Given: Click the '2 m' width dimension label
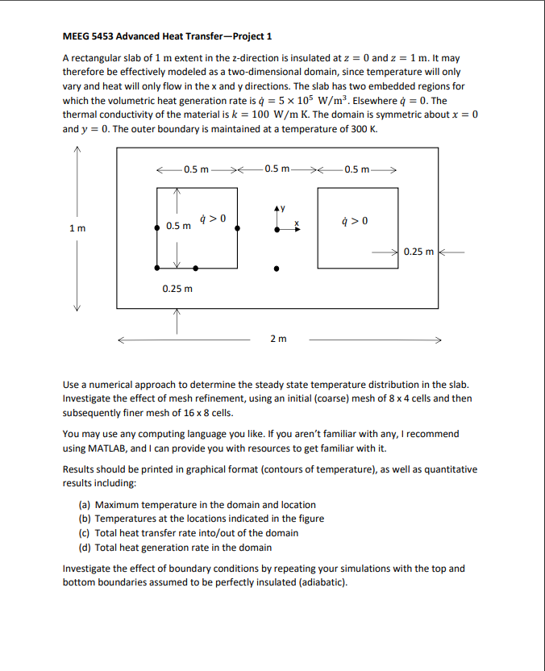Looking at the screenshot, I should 278,339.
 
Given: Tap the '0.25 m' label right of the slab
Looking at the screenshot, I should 419,252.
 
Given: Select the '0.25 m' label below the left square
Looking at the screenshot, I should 177,288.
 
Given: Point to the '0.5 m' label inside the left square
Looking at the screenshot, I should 178,226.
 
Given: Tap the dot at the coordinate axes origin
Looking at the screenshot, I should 277,229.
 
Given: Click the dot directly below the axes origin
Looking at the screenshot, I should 277,269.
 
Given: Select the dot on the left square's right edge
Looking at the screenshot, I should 236,229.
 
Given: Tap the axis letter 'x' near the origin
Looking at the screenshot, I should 296,223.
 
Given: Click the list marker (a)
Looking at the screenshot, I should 84,505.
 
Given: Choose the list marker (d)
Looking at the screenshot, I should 84,547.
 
